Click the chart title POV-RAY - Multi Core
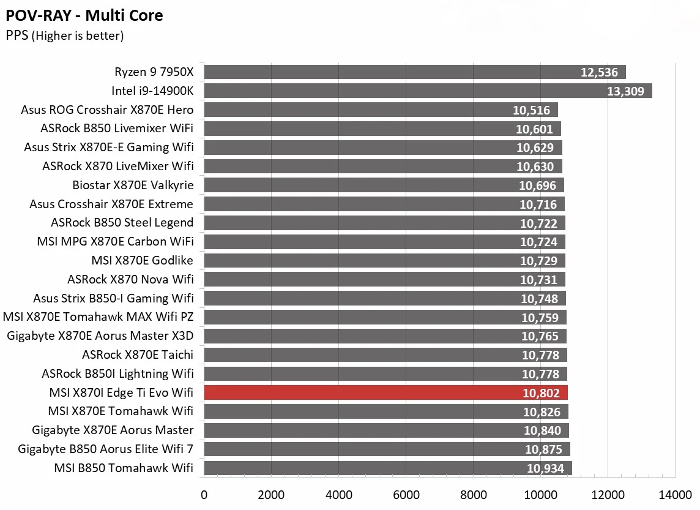tap(84, 15)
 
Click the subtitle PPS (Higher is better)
tap(65, 36)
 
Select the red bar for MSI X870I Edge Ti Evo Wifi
tap(385, 392)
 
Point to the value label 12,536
tap(600, 73)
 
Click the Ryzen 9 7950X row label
tap(154, 72)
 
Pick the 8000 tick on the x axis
tap(473, 494)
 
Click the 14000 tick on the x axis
tap(675, 494)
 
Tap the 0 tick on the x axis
tap(204, 494)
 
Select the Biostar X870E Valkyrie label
tap(133, 186)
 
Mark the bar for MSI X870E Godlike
tap(384, 261)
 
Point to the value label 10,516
tap(533, 110)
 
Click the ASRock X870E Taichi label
tap(138, 355)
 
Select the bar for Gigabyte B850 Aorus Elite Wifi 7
tap(387, 449)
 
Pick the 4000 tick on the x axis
tap(338, 494)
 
